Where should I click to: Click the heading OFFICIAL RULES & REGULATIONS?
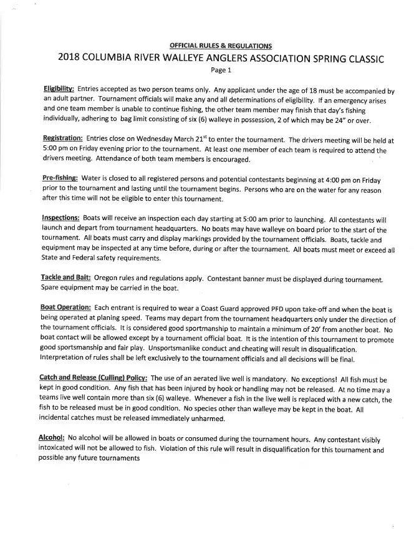(220, 46)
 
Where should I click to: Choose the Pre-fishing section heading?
(60, 178)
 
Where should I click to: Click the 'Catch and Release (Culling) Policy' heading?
(94, 378)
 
